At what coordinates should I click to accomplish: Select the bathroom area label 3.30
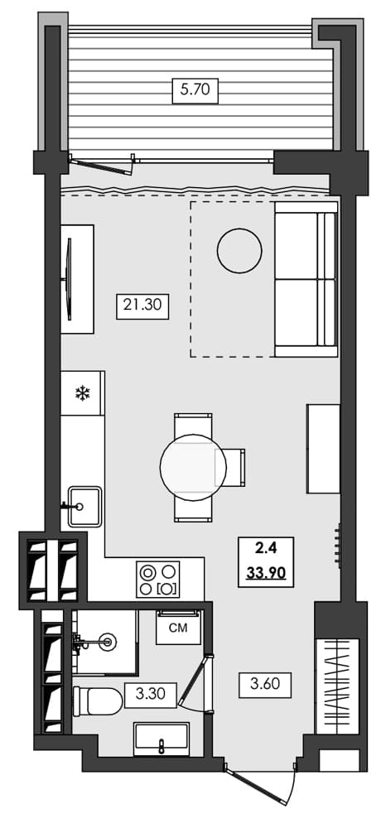coord(150,694)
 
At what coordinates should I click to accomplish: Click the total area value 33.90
coord(262,573)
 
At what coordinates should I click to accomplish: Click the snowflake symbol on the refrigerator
coord(83,393)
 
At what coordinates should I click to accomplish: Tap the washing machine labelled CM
coord(178,628)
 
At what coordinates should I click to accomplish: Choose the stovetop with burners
coord(158,579)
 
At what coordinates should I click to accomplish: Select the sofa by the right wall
coord(306,280)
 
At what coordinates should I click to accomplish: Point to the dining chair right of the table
coord(231,467)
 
